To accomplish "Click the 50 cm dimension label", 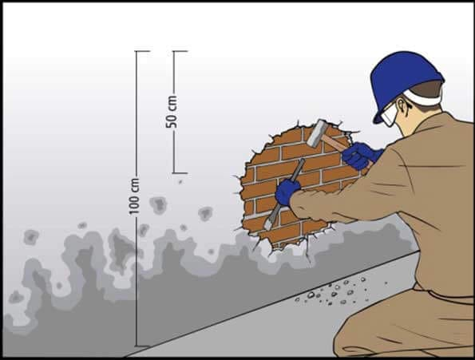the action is pos(172,112).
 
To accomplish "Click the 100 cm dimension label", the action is pos(134,196).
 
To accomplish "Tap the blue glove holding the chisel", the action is pos(287,191).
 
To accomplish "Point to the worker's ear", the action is pos(402,106).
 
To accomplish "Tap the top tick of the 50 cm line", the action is pos(180,51).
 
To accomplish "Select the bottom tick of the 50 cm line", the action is pos(180,173).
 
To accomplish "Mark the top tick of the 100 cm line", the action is pos(142,51).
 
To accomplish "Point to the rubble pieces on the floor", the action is pos(336,291).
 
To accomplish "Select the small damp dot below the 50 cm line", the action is pos(180,182).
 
